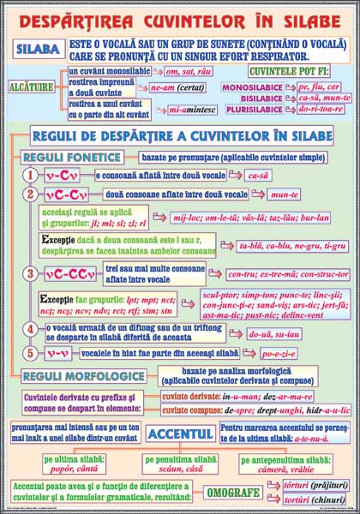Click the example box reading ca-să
257,175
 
